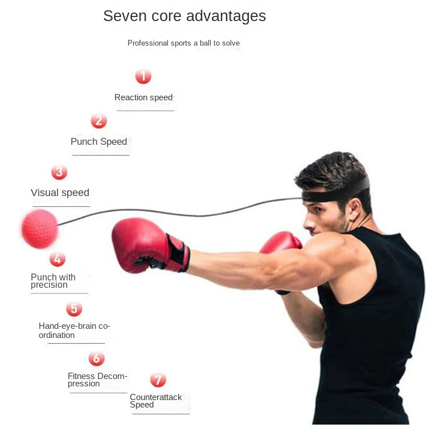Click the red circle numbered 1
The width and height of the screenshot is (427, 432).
143,76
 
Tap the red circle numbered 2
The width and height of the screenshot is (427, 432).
98,121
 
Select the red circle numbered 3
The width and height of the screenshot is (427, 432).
59,172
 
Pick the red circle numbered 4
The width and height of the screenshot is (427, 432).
57,259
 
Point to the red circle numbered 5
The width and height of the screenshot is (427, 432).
74,309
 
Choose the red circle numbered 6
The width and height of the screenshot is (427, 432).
96,358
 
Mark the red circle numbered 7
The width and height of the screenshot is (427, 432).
158,380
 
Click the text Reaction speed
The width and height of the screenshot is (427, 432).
143,97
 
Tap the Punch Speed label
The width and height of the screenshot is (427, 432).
99,142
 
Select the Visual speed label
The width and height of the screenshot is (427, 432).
60,193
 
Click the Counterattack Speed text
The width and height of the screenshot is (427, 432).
155,401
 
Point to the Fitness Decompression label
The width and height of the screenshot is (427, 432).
97,380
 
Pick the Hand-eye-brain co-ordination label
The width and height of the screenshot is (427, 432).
74,331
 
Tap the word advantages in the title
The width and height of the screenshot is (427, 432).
230,16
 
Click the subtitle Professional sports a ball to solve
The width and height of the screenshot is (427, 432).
183,43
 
